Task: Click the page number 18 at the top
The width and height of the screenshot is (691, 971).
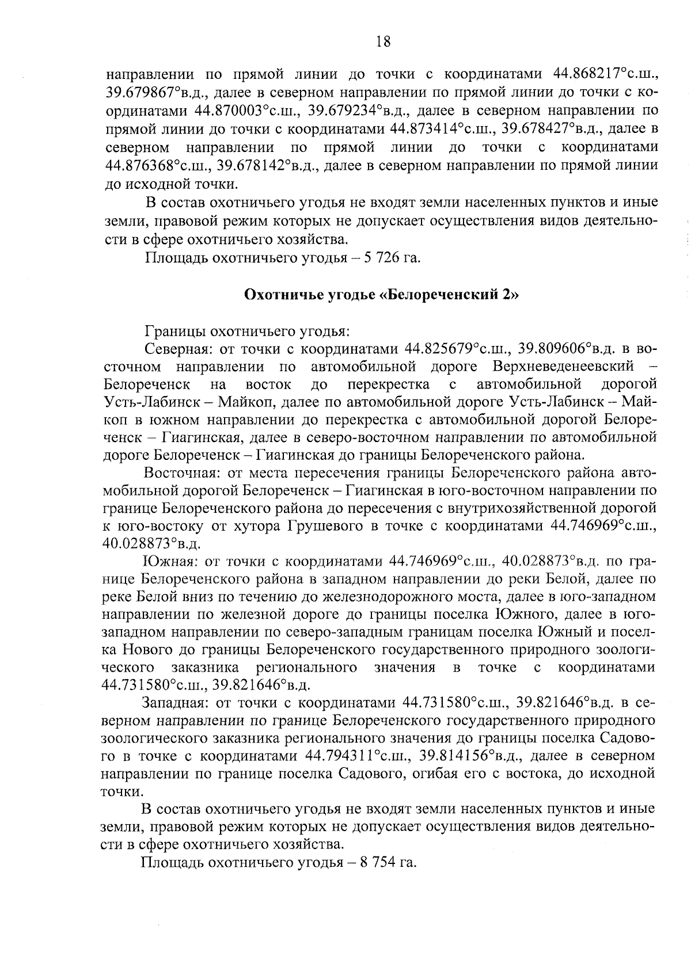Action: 383,41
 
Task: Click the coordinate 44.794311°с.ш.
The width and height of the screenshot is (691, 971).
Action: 357,756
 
